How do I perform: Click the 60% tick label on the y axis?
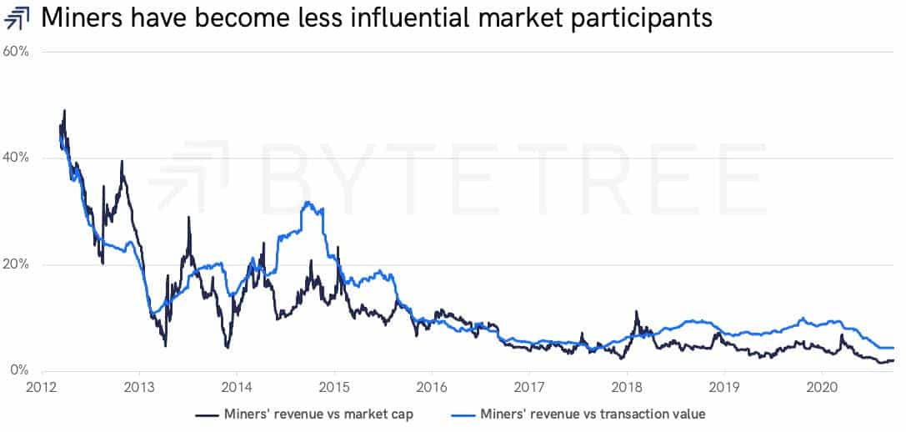pyautogui.click(x=17, y=52)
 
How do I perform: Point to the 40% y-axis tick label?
pyautogui.click(x=17, y=158)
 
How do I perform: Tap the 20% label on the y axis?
pyautogui.click(x=17, y=264)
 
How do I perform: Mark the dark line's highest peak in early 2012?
pyautogui.click(x=64, y=111)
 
